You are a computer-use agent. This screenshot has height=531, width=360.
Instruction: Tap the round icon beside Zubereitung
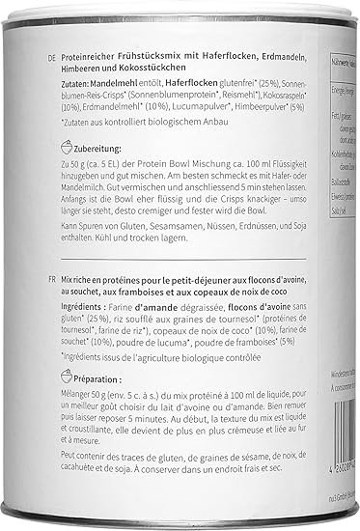click(x=65, y=152)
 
